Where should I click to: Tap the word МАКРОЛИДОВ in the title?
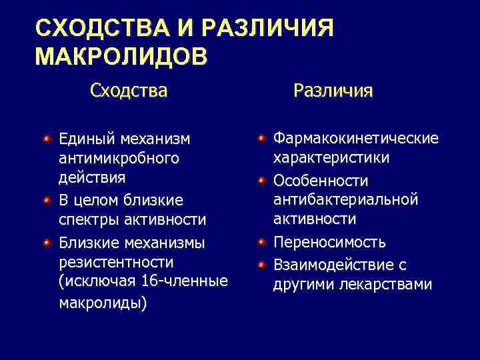121,57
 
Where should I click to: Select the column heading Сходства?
129,89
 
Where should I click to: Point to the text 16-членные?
185,281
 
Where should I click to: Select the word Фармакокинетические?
355,138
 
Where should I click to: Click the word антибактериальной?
345,199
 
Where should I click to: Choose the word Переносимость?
329,243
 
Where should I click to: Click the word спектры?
83,219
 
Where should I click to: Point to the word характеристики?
331,159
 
